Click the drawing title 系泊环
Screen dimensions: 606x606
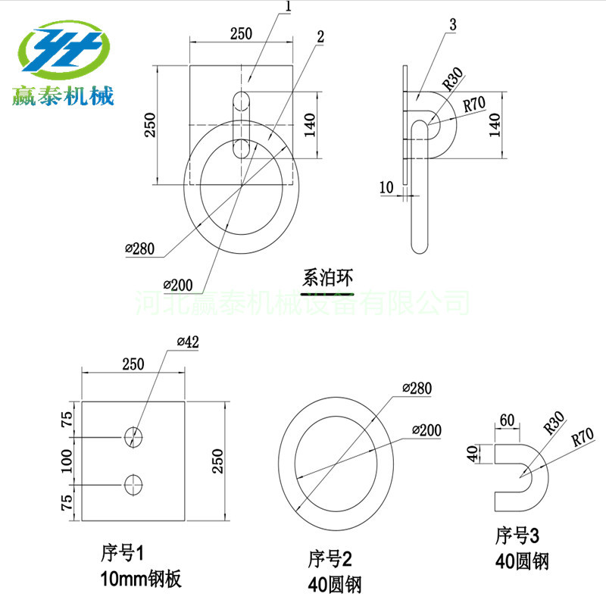coord(327,278)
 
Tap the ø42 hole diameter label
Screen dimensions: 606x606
coord(188,342)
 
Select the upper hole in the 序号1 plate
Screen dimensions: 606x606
coord(133,437)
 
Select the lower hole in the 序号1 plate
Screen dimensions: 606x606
coord(133,485)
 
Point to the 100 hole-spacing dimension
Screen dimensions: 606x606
coord(67,461)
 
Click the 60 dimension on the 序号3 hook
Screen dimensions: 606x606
coord(507,420)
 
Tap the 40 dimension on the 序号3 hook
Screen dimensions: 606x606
coord(472,453)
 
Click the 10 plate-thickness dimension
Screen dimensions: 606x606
coord(386,187)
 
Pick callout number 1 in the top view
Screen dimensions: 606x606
coord(288,6)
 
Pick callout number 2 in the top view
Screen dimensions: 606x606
coord(320,37)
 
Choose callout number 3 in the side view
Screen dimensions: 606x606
coord(453,25)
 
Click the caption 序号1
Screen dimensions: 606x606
coord(122,553)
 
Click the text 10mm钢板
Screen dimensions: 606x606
coord(141,579)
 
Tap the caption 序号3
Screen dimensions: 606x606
coord(517,536)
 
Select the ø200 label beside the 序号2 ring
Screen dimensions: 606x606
coord(426,430)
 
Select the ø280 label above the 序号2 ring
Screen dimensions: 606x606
coord(417,388)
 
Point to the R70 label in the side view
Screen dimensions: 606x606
coord(474,104)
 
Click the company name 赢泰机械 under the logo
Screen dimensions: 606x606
coord(63,96)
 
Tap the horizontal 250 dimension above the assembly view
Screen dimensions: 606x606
coord(241,33)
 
